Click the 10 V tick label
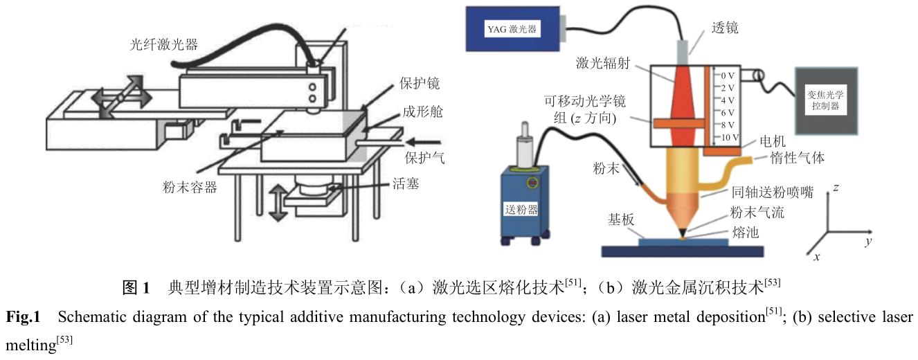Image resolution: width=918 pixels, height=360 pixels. pyautogui.click(x=727, y=138)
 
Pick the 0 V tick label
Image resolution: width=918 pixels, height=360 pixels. pyautogui.click(x=727, y=74)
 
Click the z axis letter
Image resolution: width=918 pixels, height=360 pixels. pyautogui.click(x=836, y=188)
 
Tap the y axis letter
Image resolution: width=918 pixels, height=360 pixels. pyautogui.click(x=867, y=242)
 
